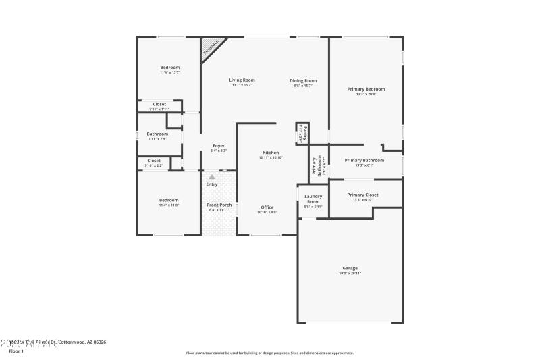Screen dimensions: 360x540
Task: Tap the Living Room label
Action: [242, 80]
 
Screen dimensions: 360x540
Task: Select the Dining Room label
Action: [304, 80]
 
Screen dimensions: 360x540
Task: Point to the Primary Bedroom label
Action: [366, 89]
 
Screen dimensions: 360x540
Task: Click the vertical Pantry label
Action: [305, 132]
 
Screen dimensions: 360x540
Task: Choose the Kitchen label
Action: [270, 153]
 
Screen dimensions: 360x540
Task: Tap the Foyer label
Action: [219, 146]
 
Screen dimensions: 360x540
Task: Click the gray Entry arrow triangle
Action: [212, 177]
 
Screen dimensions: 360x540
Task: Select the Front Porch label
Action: [219, 205]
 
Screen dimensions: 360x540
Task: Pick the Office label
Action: [267, 207]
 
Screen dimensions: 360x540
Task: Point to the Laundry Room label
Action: [313, 199]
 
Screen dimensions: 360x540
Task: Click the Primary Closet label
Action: [363, 195]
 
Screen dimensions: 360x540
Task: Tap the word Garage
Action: [350, 268]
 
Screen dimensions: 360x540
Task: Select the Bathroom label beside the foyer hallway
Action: [158, 134]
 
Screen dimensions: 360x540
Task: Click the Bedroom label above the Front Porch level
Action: [169, 200]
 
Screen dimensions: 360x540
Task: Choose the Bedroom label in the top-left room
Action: [170, 68]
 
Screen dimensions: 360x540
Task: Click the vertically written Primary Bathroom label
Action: [314, 166]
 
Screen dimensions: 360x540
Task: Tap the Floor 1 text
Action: [16, 351]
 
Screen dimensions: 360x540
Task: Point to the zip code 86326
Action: [97, 342]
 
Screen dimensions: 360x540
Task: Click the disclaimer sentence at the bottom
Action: [269, 353]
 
